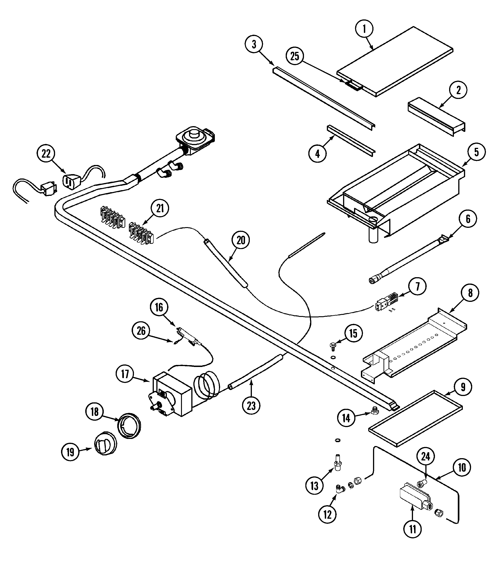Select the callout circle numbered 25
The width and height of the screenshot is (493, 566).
295,56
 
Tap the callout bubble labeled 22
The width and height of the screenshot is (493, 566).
46,154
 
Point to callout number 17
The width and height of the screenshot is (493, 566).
125,374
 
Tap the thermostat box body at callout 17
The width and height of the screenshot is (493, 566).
176,393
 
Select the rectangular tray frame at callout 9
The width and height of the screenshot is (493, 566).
416,418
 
